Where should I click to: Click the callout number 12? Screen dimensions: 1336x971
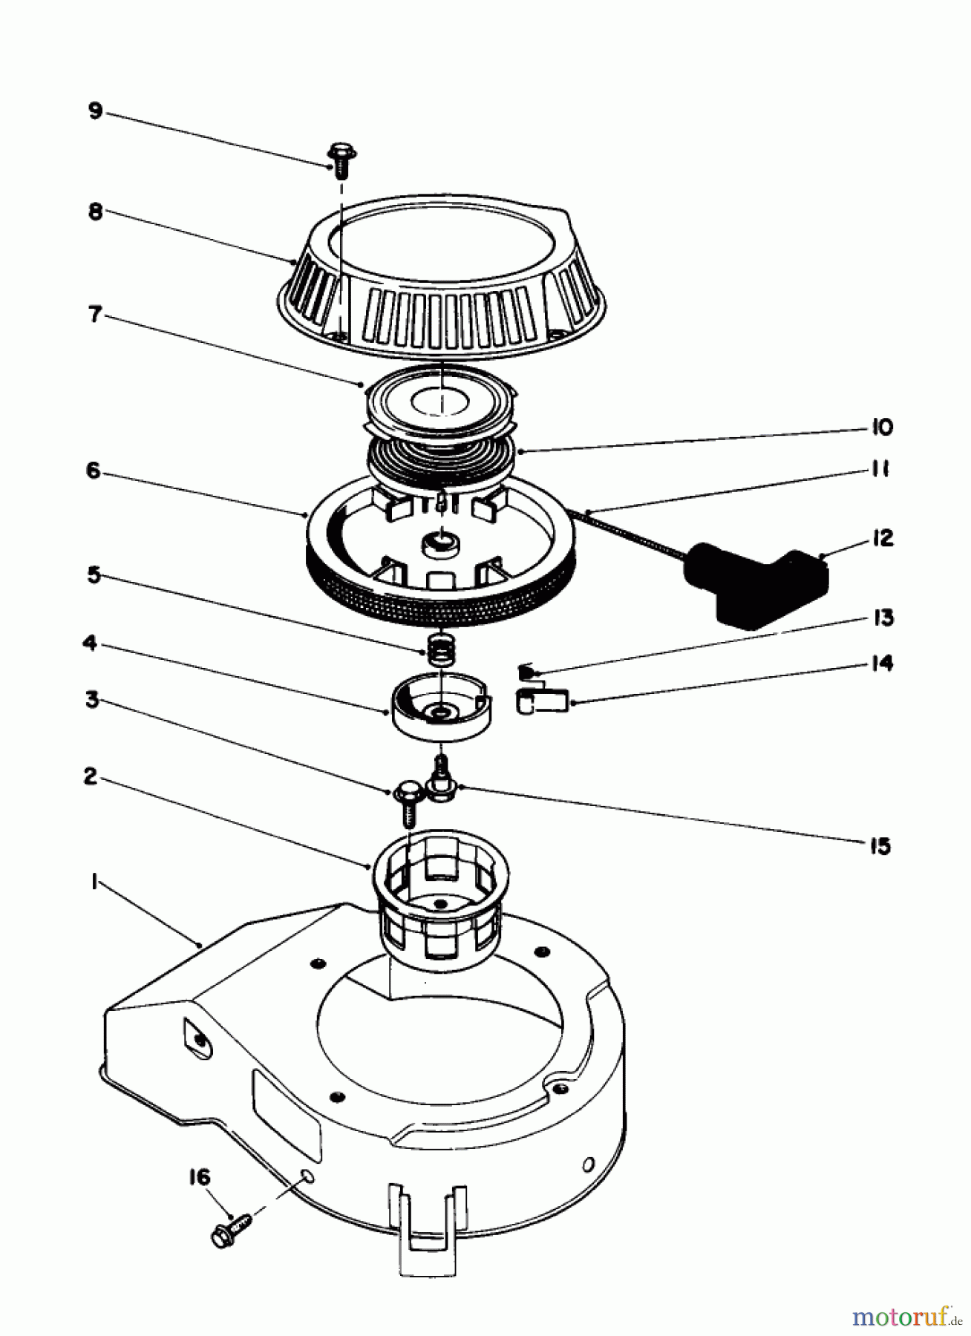[883, 538]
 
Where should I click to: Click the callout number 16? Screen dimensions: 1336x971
[199, 1178]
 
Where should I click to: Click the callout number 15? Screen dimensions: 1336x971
[880, 845]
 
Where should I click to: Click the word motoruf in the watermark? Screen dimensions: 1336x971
[898, 1317]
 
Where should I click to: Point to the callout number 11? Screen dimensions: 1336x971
[880, 470]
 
